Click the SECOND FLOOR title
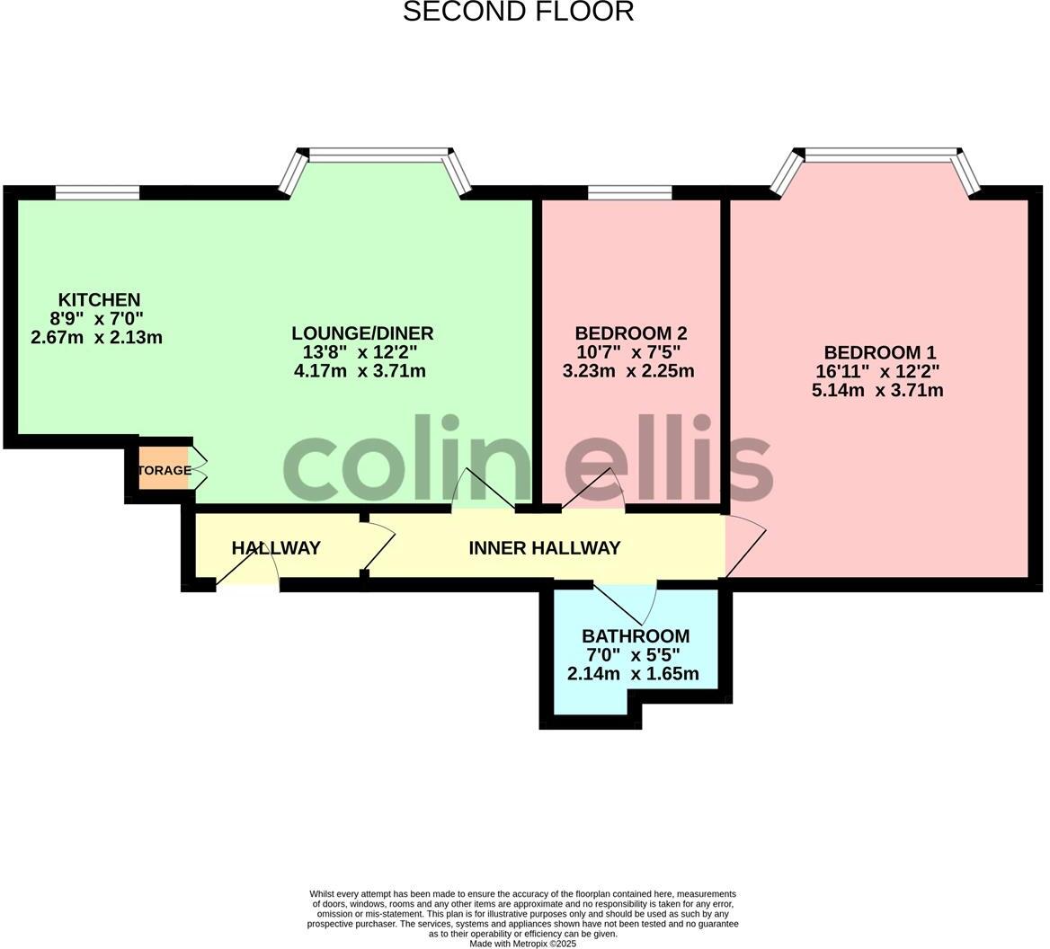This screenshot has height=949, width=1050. (518, 12)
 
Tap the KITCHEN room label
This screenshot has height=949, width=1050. (99, 300)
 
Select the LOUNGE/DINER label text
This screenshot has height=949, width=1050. (362, 333)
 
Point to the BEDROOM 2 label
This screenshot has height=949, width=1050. (630, 333)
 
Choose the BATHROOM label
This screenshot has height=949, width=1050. (635, 636)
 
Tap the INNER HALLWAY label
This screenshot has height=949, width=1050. (544, 548)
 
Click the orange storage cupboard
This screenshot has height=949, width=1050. (164, 470)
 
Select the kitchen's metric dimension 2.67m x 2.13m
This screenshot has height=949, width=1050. (96, 338)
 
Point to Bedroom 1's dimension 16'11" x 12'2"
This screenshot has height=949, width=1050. (877, 372)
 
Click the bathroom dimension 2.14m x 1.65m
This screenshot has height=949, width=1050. (633, 674)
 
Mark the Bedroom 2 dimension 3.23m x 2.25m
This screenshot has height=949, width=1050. (628, 371)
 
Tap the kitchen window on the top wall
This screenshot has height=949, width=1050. (97, 191)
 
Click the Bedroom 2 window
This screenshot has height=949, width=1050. (629, 191)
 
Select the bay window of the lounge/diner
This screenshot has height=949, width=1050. (376, 156)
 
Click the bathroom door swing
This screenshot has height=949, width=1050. (626, 603)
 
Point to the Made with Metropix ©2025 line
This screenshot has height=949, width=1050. (522, 944)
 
